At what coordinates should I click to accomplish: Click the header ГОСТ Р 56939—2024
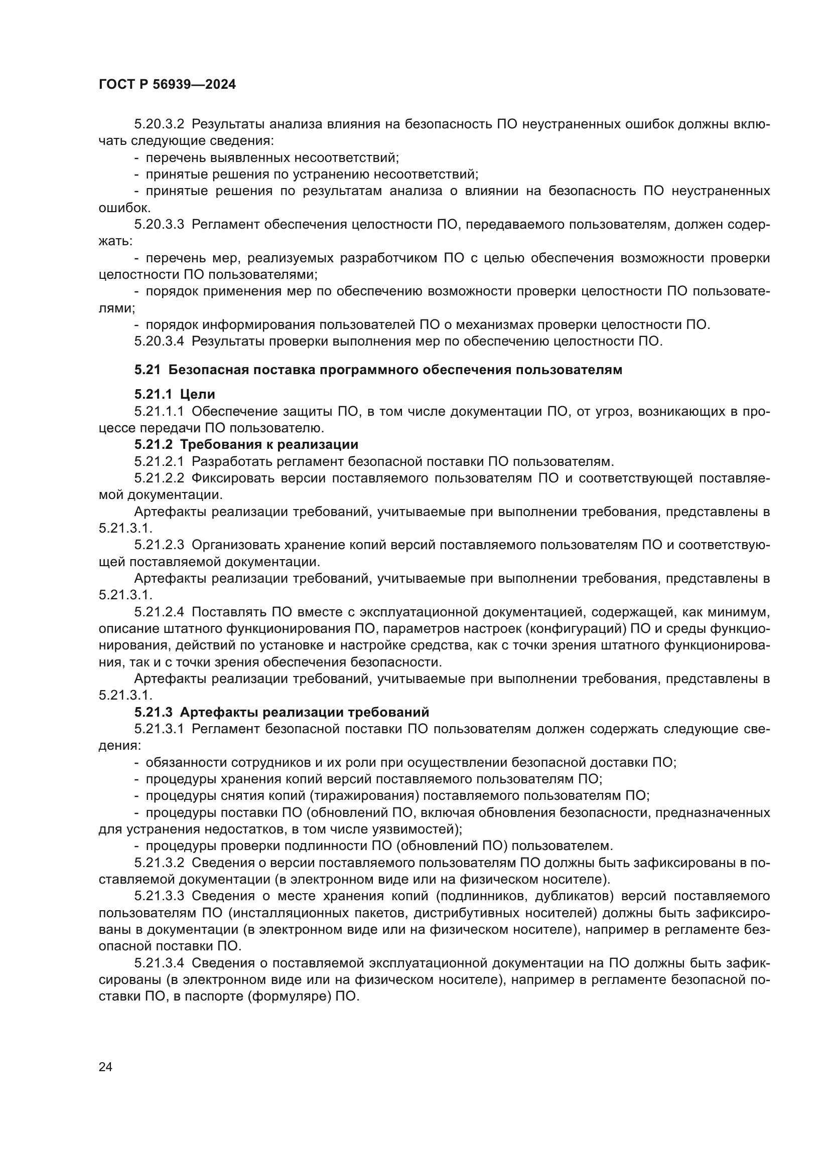pyautogui.click(x=167, y=85)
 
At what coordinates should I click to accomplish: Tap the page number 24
pyautogui.click(x=105, y=1067)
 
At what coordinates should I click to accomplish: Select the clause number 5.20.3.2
pyautogui.click(x=159, y=124)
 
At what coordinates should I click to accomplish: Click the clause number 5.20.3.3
pyautogui.click(x=159, y=224)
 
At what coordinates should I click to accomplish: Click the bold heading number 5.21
pyautogui.click(x=147, y=370)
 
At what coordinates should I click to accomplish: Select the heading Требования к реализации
pyautogui.click(x=269, y=444)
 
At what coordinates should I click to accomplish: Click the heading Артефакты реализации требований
pyautogui.click(x=304, y=712)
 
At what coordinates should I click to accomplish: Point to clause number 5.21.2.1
pyautogui.click(x=159, y=461)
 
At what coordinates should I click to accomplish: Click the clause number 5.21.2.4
pyautogui.click(x=159, y=612)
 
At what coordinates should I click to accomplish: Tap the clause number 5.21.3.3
pyautogui.click(x=159, y=896)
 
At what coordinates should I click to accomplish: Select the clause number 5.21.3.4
pyautogui.click(x=159, y=963)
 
